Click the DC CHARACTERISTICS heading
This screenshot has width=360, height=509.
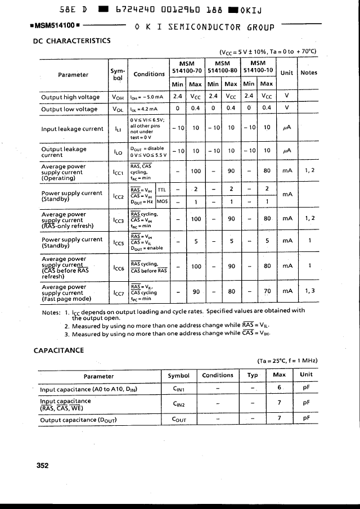click(x=73, y=40)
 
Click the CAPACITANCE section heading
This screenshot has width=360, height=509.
click(x=58, y=350)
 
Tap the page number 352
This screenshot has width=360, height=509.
click(x=42, y=465)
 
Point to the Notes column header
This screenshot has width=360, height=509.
click(x=309, y=73)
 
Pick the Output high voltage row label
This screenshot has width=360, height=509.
click(x=70, y=97)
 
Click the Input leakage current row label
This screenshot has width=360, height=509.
click(x=72, y=129)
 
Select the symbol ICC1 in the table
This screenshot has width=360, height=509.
click(x=118, y=172)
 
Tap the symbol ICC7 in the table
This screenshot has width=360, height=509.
click(x=118, y=293)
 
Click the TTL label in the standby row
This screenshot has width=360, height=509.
click(x=162, y=190)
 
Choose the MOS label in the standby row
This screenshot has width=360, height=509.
click(x=162, y=201)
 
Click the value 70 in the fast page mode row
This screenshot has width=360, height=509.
click(x=267, y=291)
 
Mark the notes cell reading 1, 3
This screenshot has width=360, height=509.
click(x=310, y=291)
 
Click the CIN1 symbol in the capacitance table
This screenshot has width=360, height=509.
click(x=178, y=389)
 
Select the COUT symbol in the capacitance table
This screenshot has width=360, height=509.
click(x=178, y=420)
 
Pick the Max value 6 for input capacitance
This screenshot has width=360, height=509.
click(x=279, y=388)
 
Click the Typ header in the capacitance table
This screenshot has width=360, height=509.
click(x=253, y=375)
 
